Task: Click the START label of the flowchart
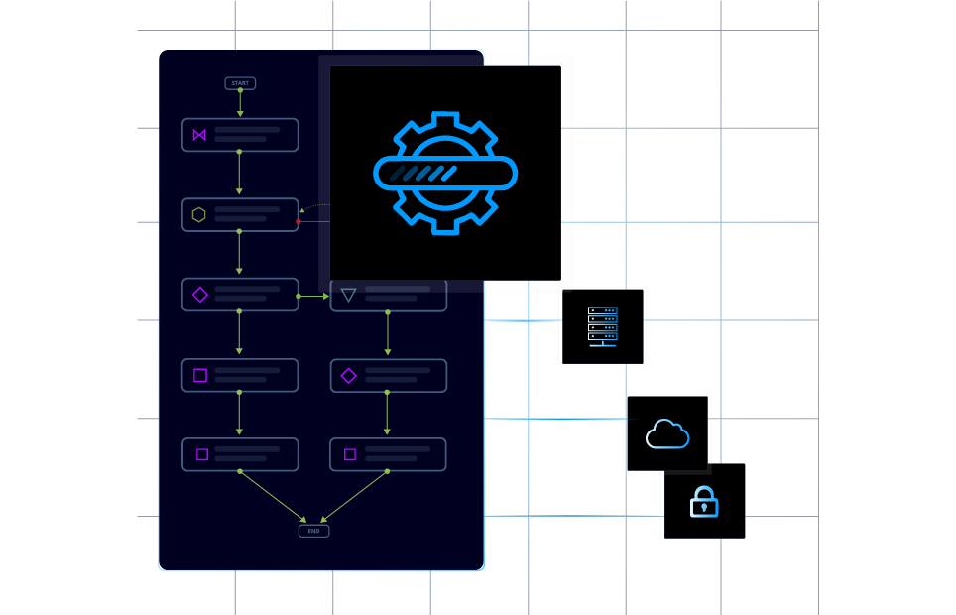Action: click(240, 83)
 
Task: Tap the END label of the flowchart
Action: click(313, 531)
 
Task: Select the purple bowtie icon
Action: click(199, 135)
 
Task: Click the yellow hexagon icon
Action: click(199, 214)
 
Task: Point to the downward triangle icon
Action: click(348, 295)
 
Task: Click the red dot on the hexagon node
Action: click(298, 221)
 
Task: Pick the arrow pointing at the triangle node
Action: click(314, 296)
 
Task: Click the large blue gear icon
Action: click(445, 173)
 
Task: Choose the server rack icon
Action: click(603, 326)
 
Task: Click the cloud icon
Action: click(667, 433)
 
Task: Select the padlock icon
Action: click(704, 502)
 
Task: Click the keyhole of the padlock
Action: click(704, 508)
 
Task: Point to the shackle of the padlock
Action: click(704, 491)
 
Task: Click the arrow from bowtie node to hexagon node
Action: click(239, 175)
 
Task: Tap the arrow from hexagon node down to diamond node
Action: click(239, 254)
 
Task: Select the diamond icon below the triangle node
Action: click(348, 375)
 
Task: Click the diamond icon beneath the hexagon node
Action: click(199, 295)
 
